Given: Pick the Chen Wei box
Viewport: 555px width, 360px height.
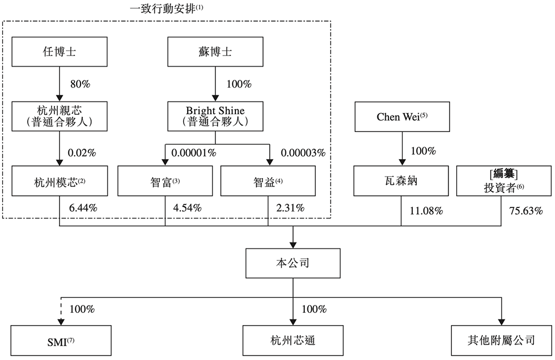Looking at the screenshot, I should (x=401, y=116).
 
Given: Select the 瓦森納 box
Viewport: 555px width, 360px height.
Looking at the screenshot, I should (x=401, y=181).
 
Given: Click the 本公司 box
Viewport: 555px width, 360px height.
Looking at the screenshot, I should (x=293, y=262).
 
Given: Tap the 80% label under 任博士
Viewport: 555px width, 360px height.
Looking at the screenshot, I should (x=80, y=84).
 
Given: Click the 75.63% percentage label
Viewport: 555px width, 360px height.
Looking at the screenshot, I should (x=525, y=211).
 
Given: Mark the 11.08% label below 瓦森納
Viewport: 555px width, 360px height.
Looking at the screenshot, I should (x=426, y=211).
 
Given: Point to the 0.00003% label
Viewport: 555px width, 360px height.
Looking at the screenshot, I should (x=303, y=152).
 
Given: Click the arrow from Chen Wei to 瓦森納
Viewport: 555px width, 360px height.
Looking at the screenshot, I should (x=401, y=150).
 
